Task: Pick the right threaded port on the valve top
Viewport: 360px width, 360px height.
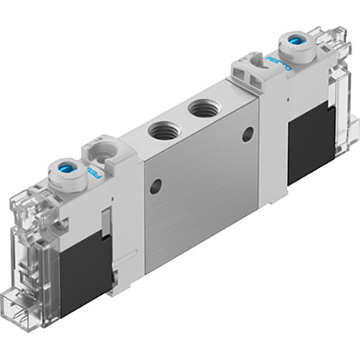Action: [x=204, y=109]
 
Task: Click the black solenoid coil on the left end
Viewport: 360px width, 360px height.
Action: [x=83, y=265]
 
